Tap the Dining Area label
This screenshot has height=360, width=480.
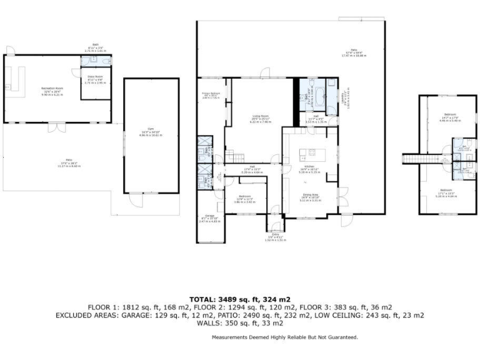(312, 197)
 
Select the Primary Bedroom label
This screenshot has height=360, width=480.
(211, 96)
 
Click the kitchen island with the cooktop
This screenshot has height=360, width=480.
(307, 153)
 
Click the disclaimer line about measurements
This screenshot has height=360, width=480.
(284, 337)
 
